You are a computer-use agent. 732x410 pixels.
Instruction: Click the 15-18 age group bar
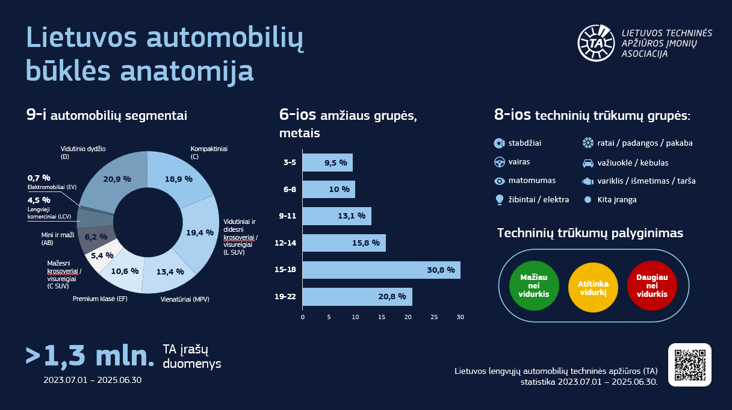(x=380, y=270)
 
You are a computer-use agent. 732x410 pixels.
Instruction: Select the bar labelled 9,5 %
(x=327, y=163)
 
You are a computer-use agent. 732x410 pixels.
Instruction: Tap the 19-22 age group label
(x=285, y=297)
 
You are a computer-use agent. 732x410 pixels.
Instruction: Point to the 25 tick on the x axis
(x=434, y=317)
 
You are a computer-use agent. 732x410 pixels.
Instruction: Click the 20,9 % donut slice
(x=114, y=179)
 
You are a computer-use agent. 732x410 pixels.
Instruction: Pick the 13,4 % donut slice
(x=169, y=272)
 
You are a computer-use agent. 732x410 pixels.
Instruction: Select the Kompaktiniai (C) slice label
(x=204, y=152)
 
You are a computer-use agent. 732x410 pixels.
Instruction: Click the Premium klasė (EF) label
(x=100, y=299)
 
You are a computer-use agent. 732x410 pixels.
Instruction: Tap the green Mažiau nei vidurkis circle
(x=534, y=285)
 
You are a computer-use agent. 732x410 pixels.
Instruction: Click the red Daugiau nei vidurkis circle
(x=652, y=285)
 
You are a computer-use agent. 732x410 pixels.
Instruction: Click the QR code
(x=689, y=365)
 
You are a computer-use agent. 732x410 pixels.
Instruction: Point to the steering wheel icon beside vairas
(x=499, y=162)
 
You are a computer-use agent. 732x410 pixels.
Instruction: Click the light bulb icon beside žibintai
(x=499, y=199)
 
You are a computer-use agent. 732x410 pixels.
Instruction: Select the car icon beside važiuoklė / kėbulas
(x=588, y=163)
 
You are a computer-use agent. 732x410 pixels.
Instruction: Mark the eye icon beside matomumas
(x=499, y=181)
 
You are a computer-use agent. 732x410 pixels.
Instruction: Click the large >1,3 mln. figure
(x=90, y=356)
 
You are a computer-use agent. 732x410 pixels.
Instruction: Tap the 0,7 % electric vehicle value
(x=39, y=178)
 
